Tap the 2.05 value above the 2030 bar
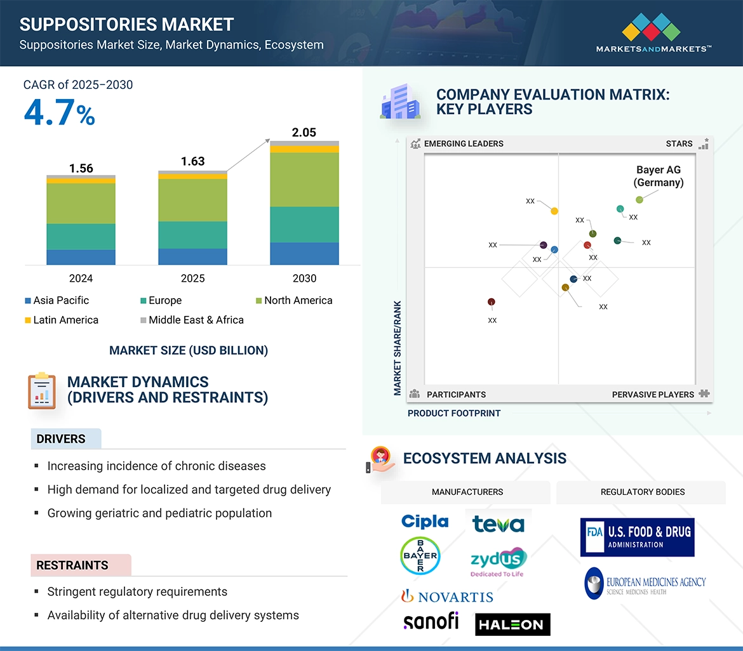[304, 132]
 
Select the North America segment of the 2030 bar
[304, 180]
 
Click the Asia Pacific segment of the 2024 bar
[81, 257]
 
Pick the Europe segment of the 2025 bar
[192, 235]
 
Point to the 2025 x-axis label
[192, 279]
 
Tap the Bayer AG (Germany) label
[659, 176]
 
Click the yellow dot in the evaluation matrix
[554, 211]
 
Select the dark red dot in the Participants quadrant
[491, 302]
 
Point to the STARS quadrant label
[679, 143]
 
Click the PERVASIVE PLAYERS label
[653, 394]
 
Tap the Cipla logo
[425, 522]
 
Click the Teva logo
[499, 523]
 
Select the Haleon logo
[512, 624]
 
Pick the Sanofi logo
[431, 621]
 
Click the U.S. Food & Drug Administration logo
[637, 537]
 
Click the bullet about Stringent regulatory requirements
[137, 591]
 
